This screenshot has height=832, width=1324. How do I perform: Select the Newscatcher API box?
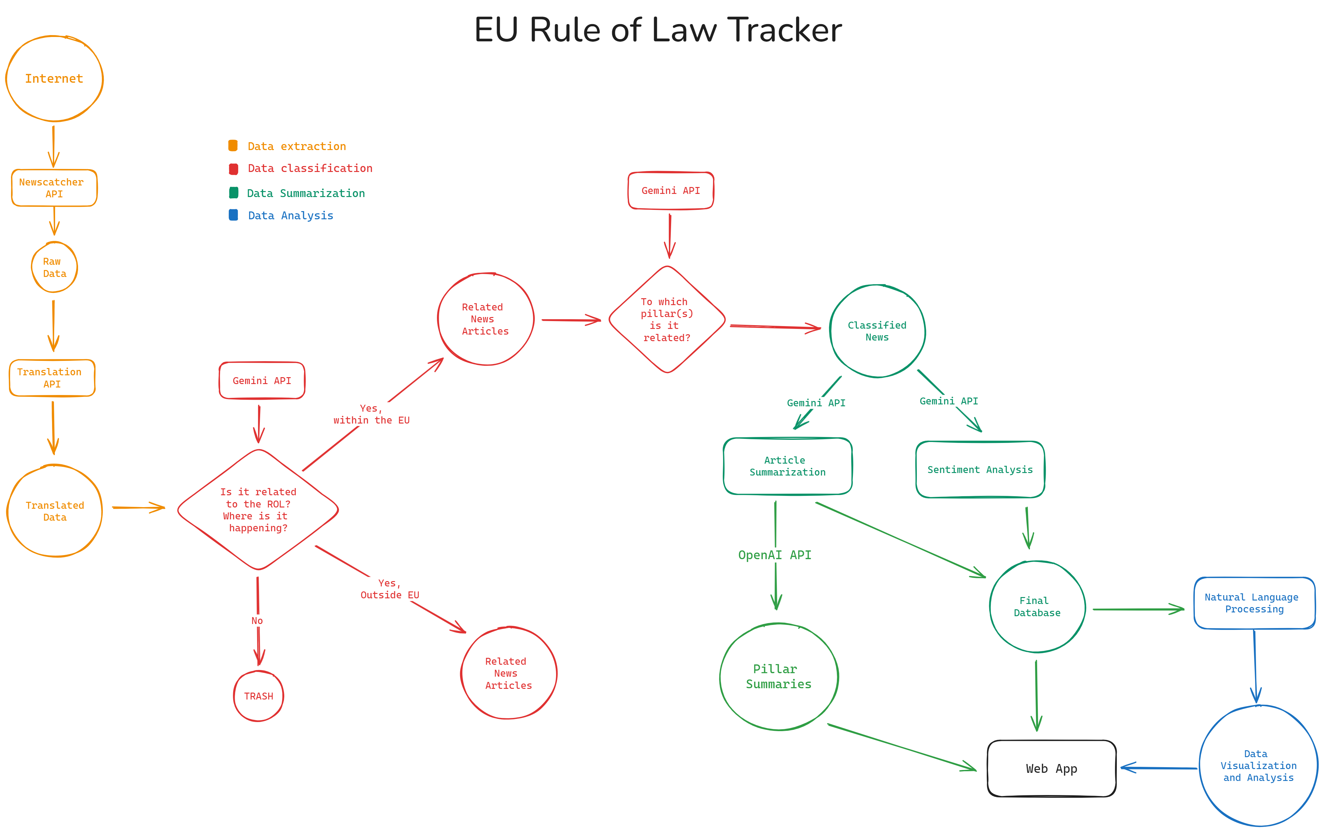click(x=55, y=188)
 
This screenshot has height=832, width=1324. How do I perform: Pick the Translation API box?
click(x=52, y=378)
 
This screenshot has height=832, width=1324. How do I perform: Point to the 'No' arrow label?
click(x=257, y=621)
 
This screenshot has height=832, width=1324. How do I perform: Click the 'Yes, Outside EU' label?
click(x=390, y=589)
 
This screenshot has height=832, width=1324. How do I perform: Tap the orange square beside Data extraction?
click(x=233, y=146)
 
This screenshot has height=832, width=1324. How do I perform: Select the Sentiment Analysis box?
click(x=980, y=469)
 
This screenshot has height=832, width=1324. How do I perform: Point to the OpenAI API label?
click(x=775, y=555)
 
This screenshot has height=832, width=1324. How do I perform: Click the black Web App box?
click(x=1052, y=768)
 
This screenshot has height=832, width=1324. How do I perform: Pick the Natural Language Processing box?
click(x=1254, y=603)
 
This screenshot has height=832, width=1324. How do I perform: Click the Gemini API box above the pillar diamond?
click(x=671, y=190)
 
